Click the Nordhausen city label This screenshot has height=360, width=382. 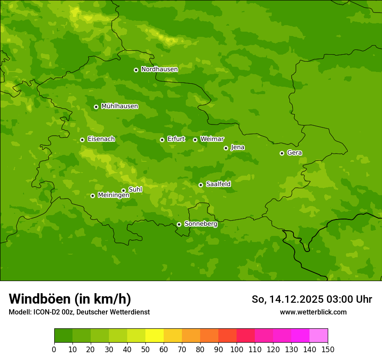click(159, 69)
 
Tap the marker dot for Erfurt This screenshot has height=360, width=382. click(162, 140)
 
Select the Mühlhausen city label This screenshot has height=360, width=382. click(119, 106)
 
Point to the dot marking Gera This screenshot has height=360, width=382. click(282, 153)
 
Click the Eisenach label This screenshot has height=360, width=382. click(101, 139)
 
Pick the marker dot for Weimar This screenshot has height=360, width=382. click(195, 140)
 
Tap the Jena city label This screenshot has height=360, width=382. click(238, 147)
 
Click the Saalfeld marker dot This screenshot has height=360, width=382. click(201, 185)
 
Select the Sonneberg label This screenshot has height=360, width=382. click(201, 224)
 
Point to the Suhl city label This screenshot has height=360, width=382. click(135, 190)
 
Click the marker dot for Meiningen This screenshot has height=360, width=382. click(92, 196)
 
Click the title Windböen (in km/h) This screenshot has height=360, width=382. click(70, 299)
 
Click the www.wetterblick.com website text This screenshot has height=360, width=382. click(313, 312)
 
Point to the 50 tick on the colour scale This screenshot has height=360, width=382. click(145, 349)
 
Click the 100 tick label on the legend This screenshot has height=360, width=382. click(237, 349)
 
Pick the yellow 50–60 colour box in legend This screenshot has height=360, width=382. click(155, 336)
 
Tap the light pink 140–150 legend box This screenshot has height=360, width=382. click(319, 336)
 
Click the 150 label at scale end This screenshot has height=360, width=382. click(328, 349)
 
